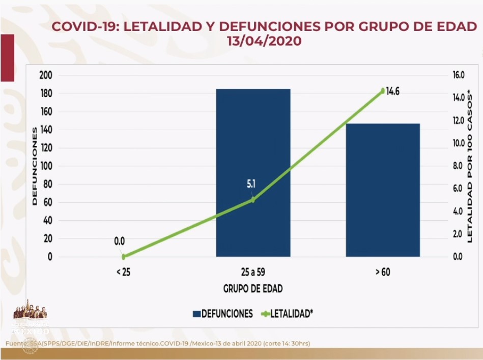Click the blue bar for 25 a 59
[253, 173]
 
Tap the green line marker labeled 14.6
[383, 91]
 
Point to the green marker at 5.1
[253, 199]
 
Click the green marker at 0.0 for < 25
[123, 257]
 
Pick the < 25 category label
[123, 272]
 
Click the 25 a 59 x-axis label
[253, 272]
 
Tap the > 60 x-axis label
[383, 272]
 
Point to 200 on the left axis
[46, 75]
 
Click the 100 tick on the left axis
[46, 166]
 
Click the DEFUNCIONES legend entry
[222, 314]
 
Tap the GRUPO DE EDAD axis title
[253, 289]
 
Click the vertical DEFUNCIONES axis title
[35, 166]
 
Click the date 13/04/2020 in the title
[264, 41]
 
